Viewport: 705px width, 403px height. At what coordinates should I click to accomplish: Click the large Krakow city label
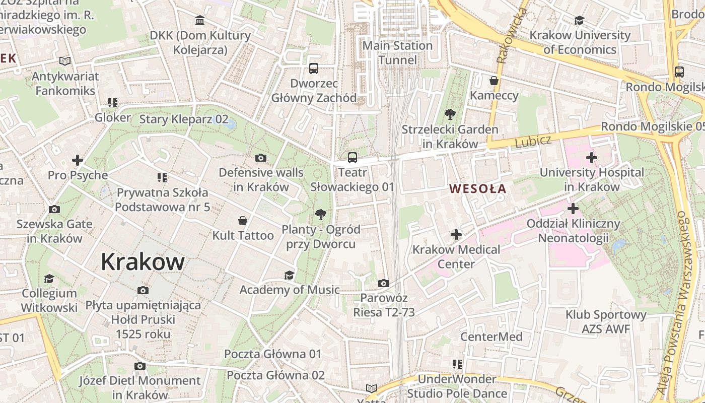click(143, 262)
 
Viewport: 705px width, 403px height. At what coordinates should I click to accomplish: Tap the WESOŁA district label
click(478, 189)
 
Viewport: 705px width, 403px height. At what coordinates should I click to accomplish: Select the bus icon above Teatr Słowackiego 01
click(352, 158)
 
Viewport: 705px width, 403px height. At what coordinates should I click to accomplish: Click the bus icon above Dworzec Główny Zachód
click(314, 69)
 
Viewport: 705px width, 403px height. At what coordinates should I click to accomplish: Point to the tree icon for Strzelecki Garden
click(450, 114)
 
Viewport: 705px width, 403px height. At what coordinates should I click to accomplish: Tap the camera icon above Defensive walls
click(261, 158)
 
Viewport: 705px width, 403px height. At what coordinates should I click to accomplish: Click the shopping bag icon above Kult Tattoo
click(243, 221)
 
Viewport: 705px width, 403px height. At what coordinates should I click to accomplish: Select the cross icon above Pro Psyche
click(78, 161)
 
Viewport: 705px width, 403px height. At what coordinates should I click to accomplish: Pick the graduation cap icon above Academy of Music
click(289, 275)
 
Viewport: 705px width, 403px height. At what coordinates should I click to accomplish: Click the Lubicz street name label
click(533, 142)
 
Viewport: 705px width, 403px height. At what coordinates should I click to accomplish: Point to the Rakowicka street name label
click(511, 35)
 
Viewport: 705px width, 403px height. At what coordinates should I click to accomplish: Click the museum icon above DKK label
click(200, 21)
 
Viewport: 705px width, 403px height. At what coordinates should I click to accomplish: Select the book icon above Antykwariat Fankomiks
click(64, 61)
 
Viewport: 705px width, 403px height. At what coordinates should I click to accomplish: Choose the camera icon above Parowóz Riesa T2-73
click(384, 284)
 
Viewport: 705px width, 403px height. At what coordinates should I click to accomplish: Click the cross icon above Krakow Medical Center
click(456, 235)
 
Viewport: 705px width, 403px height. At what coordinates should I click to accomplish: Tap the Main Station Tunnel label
click(398, 53)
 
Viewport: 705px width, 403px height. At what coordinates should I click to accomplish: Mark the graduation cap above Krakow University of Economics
click(580, 21)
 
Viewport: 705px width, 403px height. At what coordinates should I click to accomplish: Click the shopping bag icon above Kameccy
click(494, 81)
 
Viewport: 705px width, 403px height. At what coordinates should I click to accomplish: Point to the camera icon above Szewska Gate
click(54, 209)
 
